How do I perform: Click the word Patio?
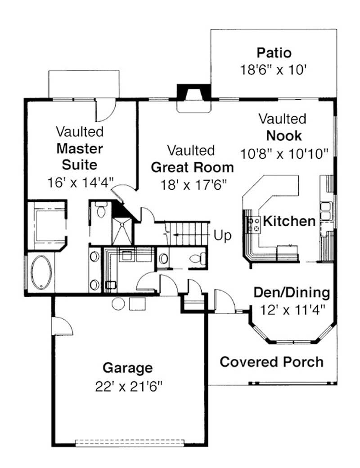tap(274, 53)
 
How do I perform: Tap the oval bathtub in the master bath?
tap(42, 272)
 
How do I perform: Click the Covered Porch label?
tap(271, 361)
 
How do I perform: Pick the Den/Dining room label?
tap(291, 293)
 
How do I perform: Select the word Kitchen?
tap(289, 221)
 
